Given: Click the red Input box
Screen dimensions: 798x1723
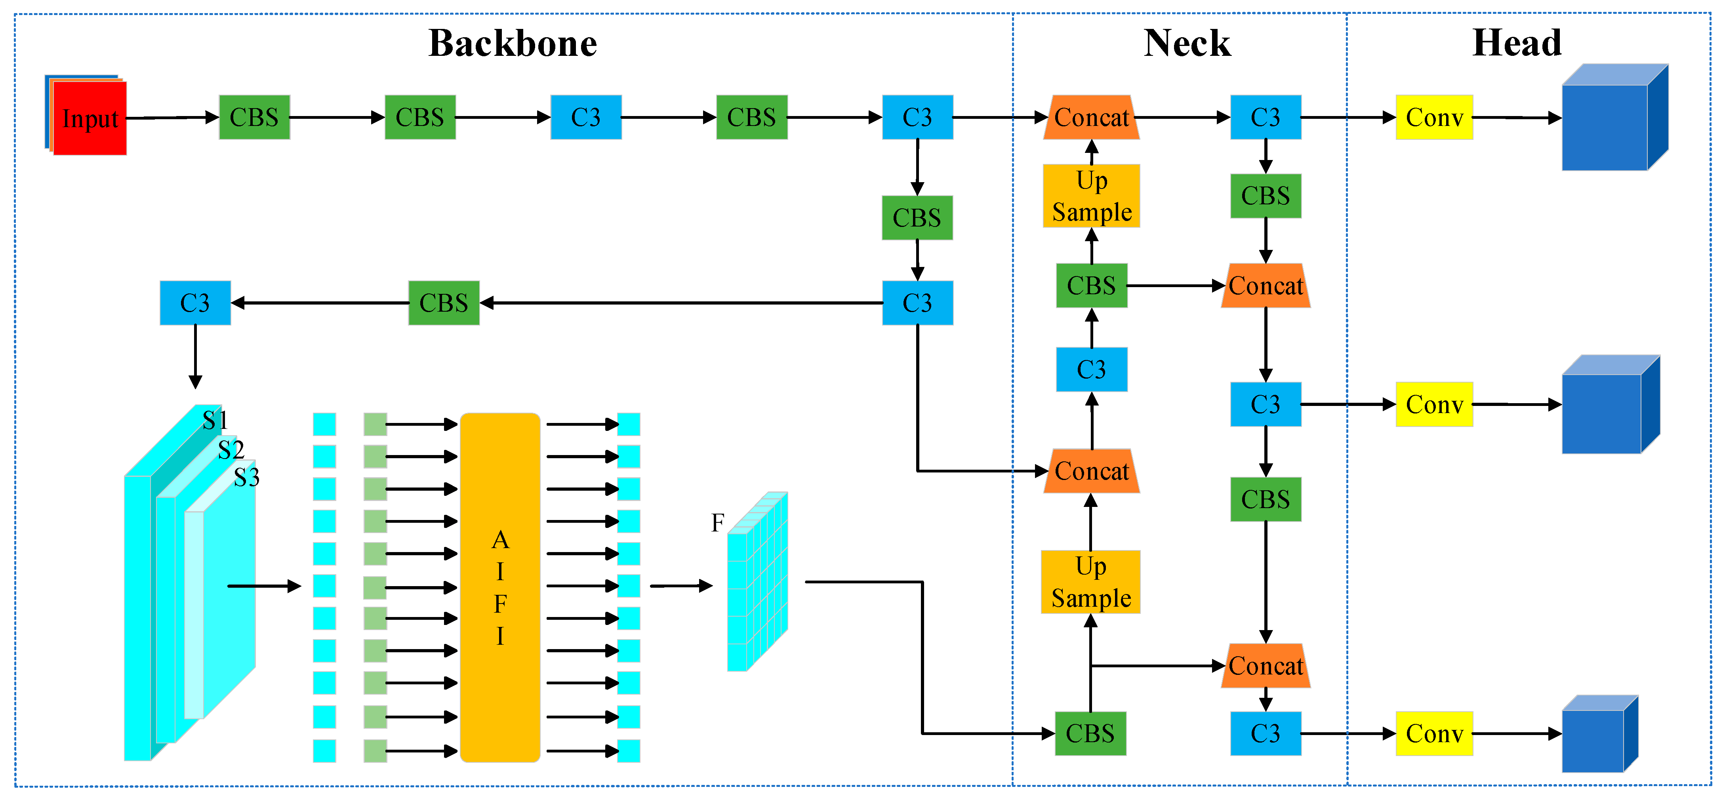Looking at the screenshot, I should coord(89,118).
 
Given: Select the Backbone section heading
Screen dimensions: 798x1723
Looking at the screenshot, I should coord(513,44).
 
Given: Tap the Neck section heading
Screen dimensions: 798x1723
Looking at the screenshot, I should coord(1187,44).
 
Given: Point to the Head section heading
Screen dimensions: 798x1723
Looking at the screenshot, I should coord(1516,44).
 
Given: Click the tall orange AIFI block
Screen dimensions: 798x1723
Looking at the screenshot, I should coord(500,587).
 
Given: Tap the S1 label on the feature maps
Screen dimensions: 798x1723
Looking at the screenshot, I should coord(215,421).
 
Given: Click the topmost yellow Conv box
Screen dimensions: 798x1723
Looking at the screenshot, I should coord(1434,118).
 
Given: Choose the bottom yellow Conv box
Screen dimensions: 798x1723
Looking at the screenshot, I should coord(1434,734).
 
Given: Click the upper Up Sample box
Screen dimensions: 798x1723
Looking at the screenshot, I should coord(1092,196).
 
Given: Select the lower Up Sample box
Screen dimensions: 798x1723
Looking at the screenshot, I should coord(1091,582).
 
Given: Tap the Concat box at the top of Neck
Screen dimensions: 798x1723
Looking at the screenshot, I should coord(1092,118).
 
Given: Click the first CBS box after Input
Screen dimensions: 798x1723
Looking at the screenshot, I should coord(254,118).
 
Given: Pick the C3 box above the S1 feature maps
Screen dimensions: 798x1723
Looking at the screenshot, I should coord(195,303).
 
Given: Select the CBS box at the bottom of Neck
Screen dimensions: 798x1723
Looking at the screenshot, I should coord(1090,734).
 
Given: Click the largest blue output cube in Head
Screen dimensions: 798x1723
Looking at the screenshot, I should coord(1612,120).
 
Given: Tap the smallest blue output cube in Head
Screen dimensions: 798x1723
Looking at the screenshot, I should coord(1598,736).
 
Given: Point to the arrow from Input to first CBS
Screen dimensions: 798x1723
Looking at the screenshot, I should coord(173,118).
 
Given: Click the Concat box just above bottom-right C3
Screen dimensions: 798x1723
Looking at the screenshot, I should coord(1266,666).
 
